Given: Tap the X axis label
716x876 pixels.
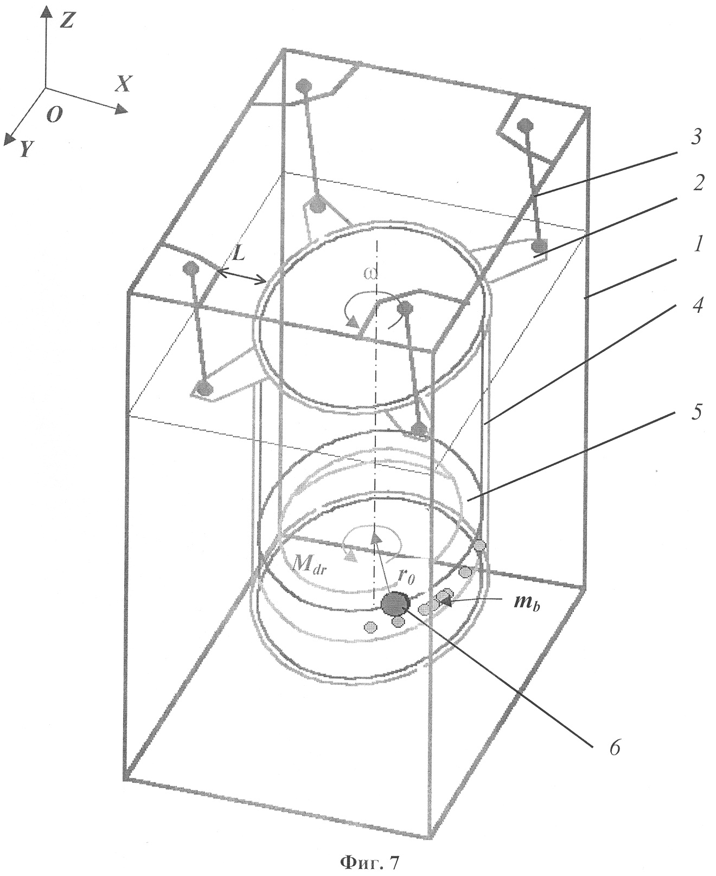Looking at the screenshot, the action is (124, 83).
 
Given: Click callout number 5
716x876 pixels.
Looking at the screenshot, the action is (696, 413).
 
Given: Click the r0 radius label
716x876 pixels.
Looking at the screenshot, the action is (406, 577).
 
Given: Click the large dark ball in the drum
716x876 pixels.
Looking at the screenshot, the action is (395, 604).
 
